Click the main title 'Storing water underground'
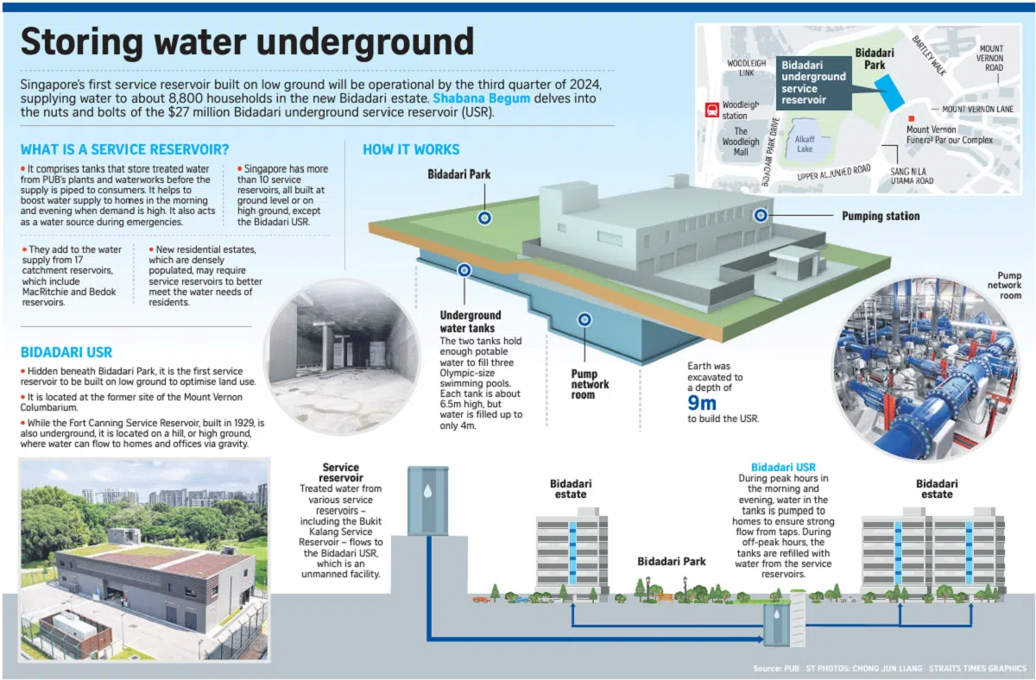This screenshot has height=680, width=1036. click(247, 42)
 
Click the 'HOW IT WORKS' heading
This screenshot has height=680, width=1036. click(411, 149)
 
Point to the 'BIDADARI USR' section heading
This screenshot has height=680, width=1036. click(66, 352)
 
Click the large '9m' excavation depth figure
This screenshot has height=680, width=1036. click(704, 403)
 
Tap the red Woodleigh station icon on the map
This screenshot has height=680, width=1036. click(712, 110)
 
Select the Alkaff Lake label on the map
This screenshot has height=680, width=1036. click(804, 143)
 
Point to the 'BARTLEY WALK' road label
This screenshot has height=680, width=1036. click(928, 55)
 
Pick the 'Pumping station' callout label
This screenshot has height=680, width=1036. click(881, 216)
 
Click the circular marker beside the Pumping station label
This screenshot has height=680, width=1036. click(761, 215)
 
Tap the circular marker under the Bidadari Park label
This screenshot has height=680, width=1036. click(484, 217)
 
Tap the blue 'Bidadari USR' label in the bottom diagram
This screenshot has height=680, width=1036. click(783, 467)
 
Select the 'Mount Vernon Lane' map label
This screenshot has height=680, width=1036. click(977, 110)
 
